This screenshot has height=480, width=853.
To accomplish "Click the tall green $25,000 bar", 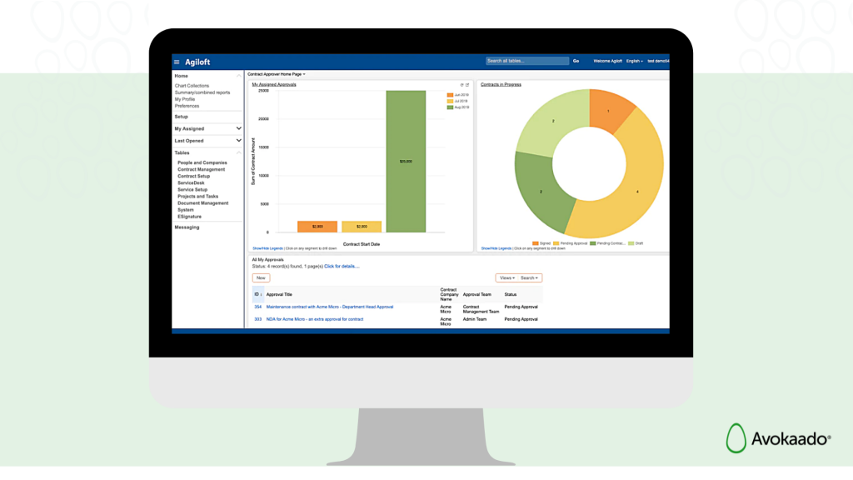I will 406,161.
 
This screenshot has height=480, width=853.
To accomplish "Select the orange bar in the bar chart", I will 317,227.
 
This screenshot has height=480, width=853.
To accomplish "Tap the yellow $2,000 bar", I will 362,227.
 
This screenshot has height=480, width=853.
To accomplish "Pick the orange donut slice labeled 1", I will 610,110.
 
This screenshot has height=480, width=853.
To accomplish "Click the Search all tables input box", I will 526,61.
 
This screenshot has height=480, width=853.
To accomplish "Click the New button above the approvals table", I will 261,277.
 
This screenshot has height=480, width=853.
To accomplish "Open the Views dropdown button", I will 506,277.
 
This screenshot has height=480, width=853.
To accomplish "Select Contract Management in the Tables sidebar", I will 201,170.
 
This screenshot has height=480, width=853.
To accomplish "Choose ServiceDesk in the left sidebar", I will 191,183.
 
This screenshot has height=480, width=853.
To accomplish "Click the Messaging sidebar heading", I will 187,227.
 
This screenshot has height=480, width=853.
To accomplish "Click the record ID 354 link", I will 258,307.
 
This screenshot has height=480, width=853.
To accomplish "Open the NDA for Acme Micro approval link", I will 314,319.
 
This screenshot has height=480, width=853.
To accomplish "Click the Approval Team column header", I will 476,294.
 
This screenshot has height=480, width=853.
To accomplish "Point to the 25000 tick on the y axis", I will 262,91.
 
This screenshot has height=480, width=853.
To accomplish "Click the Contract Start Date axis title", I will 362,244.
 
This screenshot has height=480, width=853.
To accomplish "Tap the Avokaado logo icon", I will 736,438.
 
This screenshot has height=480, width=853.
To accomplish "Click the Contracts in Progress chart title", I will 501,84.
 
